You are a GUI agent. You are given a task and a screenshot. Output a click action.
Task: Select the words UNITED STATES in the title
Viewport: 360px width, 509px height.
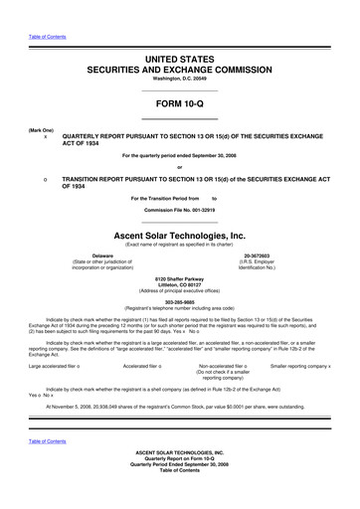[180, 61]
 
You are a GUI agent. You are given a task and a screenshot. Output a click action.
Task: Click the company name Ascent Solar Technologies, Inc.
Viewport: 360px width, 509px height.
[180, 236]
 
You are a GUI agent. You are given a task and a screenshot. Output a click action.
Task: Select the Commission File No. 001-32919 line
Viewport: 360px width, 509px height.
[180, 212]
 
